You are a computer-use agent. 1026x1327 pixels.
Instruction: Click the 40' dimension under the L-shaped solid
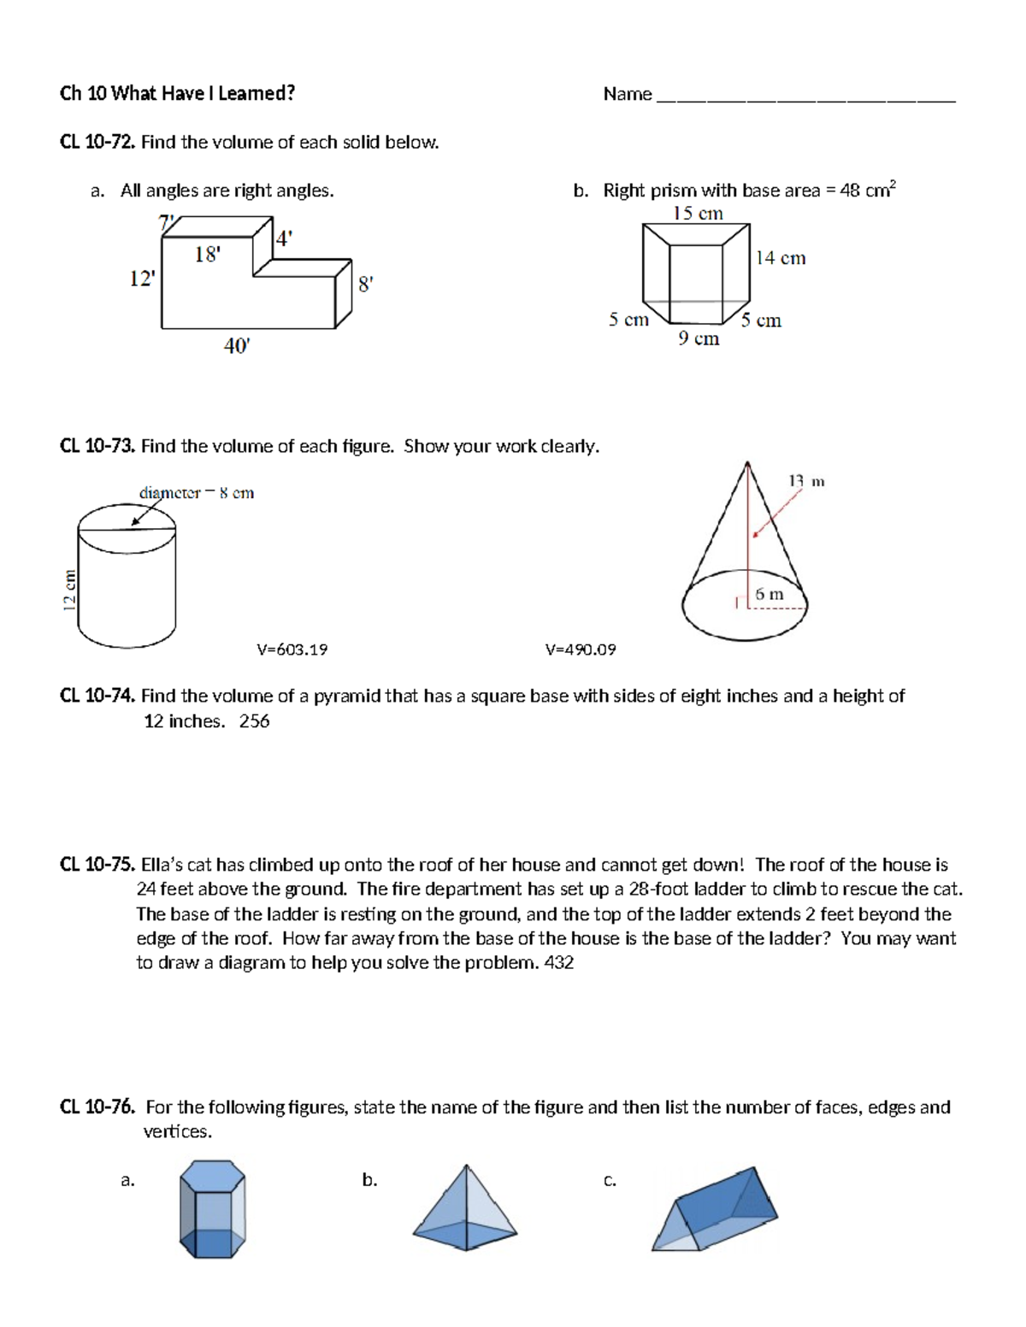click(236, 346)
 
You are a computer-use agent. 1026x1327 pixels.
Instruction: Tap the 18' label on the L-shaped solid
click(207, 254)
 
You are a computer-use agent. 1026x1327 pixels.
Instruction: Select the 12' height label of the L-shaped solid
click(142, 279)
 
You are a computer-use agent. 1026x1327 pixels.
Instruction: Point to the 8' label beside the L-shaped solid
click(365, 285)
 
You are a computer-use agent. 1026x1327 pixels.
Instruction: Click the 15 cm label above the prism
click(698, 214)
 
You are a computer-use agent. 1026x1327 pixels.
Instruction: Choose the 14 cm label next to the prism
click(780, 258)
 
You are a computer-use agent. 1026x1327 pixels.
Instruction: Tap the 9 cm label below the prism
click(699, 339)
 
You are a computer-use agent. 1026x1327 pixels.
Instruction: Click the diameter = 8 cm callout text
click(197, 493)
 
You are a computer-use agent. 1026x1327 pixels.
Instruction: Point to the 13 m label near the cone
click(805, 481)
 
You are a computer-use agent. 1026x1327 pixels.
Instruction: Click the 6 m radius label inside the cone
click(769, 594)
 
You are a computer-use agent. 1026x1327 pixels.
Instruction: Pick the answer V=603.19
click(292, 649)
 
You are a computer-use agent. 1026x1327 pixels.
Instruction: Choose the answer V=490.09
click(581, 649)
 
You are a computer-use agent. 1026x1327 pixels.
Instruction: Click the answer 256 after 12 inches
click(254, 721)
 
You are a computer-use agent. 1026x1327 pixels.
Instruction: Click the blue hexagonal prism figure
click(212, 1208)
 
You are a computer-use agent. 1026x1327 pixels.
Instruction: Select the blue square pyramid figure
click(465, 1207)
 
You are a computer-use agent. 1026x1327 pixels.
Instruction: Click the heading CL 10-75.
click(97, 865)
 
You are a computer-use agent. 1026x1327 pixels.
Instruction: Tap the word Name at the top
click(628, 94)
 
